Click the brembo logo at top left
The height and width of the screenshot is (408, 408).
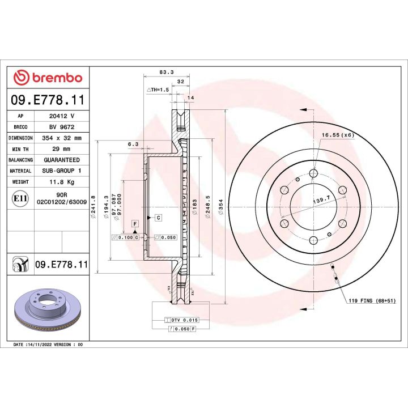(48, 78)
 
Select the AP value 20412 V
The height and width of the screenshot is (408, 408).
(61, 115)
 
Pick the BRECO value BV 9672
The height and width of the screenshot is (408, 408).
(61, 126)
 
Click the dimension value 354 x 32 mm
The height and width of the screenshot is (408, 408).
(61, 138)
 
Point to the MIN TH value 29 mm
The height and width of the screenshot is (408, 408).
(61, 148)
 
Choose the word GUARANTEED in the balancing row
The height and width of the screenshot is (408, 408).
(61, 160)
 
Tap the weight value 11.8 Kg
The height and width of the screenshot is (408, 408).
(61, 182)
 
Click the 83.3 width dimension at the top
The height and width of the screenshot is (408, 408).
(166, 73)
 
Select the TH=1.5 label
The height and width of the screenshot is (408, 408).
(158, 90)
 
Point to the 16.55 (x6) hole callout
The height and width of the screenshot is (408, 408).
(338, 135)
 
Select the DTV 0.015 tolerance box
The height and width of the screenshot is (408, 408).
(182, 320)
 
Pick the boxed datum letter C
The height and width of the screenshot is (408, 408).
(158, 218)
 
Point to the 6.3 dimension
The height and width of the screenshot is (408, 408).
(134, 144)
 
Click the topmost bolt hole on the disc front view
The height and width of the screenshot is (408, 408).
(313, 173)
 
